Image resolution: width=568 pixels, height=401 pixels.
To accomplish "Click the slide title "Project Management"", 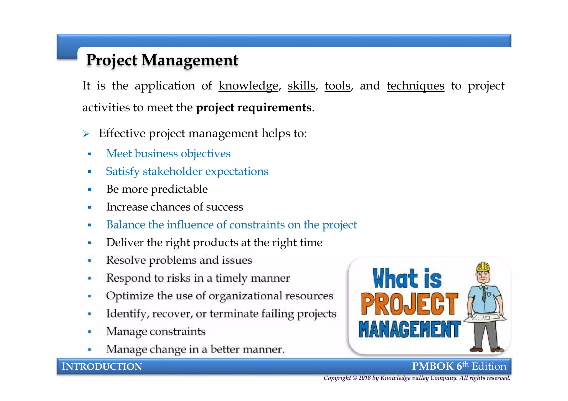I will click(162, 60).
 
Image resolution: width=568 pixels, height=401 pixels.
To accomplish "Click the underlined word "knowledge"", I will click(248, 86).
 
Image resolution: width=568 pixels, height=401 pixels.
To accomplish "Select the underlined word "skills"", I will click(301, 86).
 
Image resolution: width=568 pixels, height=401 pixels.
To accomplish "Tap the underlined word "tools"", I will click(338, 86).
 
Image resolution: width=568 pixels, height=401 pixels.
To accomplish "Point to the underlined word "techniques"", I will click(415, 86).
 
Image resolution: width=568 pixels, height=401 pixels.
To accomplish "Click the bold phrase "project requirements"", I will click(254, 107).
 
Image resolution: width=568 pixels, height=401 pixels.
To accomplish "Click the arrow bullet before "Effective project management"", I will click(86, 134).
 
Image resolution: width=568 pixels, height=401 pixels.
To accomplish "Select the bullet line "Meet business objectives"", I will click(168, 153).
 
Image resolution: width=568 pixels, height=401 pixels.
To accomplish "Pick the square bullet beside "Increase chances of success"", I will click(89, 207).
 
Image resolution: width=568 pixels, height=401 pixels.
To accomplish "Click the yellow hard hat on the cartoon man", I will click(483, 266).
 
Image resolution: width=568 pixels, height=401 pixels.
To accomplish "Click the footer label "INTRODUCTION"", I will click(102, 366).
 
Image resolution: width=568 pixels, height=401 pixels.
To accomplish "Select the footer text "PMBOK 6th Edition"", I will click(459, 366).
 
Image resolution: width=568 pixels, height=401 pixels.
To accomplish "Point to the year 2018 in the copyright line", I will click(364, 378).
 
